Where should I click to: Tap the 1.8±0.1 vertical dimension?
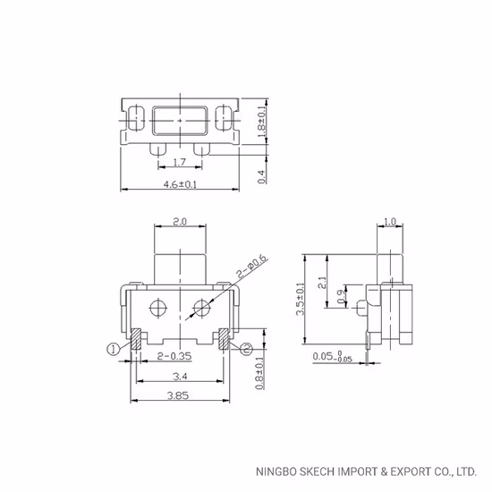262,116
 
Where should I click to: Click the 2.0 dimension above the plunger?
179,221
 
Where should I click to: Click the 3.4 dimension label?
179,377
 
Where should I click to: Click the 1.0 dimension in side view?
388,221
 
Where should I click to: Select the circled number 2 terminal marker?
246,350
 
